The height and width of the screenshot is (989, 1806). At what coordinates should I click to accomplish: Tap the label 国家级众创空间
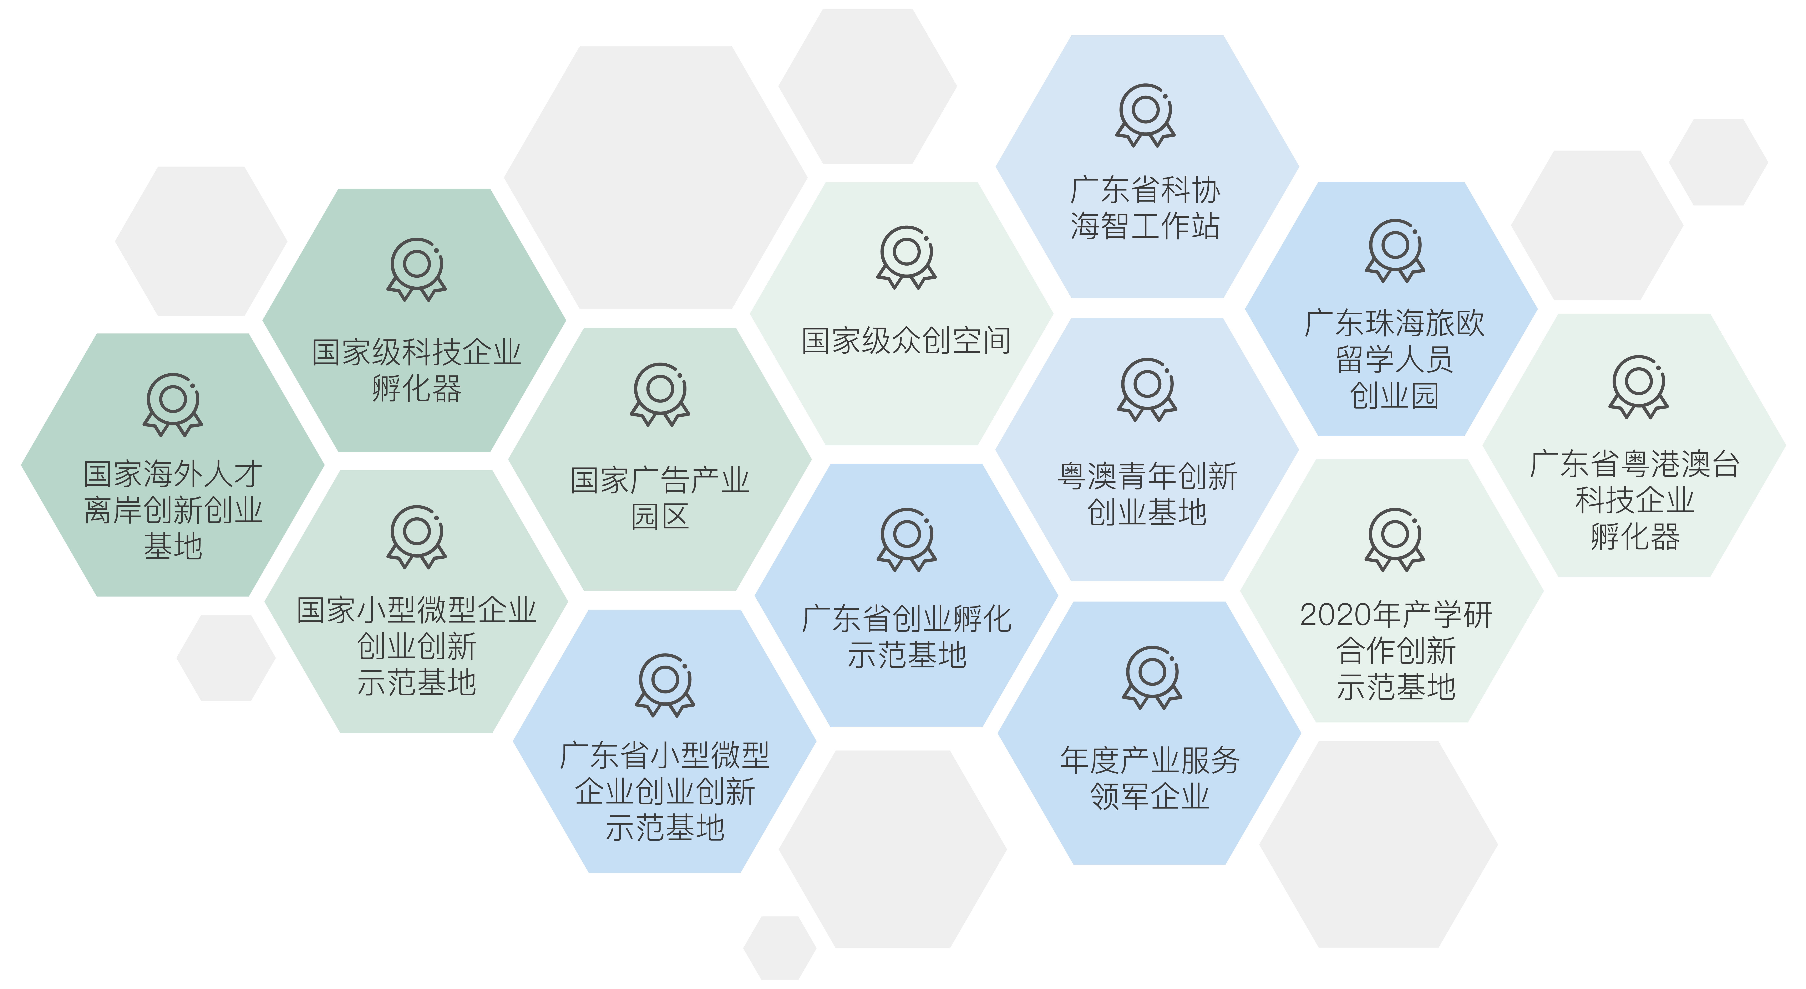(x=907, y=341)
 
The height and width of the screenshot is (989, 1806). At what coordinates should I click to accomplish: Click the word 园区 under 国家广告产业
(x=660, y=517)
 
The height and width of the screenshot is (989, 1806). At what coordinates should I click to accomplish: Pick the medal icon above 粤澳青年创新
(x=1147, y=390)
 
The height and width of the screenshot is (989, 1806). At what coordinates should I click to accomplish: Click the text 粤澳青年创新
(x=1147, y=477)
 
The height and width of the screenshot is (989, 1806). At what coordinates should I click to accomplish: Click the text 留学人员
(x=1394, y=360)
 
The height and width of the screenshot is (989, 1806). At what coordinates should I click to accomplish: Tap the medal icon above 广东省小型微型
(x=665, y=685)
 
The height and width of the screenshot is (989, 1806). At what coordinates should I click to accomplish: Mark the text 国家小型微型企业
(x=416, y=610)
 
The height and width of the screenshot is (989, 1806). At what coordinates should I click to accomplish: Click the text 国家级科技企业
(x=416, y=352)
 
